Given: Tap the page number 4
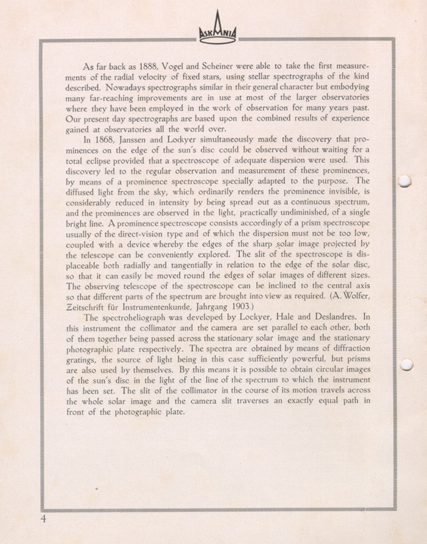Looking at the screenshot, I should (43, 519).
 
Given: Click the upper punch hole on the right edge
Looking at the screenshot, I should (405, 181).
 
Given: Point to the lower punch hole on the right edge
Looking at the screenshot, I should (407, 364).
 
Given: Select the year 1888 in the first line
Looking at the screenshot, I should (148, 66).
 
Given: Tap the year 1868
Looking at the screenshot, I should (105, 140).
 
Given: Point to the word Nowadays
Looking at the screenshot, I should (125, 87).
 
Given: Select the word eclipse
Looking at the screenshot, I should (97, 161).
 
